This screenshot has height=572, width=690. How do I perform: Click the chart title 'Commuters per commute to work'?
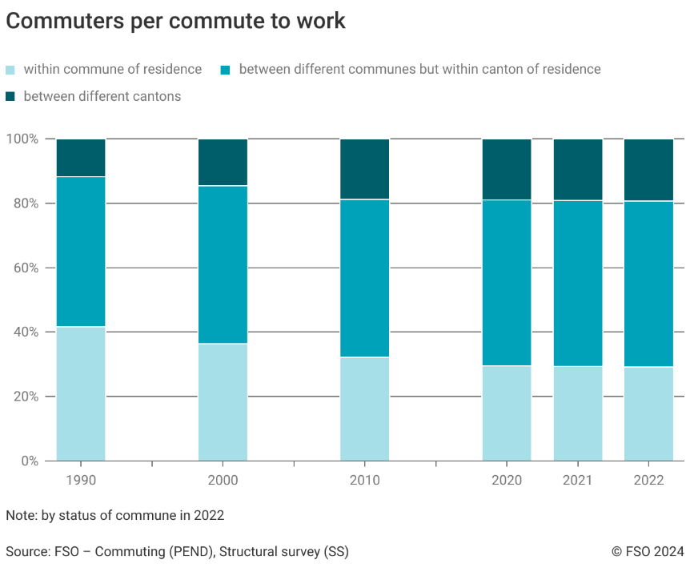[175, 22]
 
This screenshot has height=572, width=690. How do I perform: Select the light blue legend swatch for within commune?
[10, 70]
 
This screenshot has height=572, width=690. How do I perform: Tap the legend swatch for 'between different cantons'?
[10, 97]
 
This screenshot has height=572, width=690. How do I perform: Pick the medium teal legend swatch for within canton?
[226, 70]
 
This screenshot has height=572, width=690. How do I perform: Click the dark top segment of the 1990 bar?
[81, 158]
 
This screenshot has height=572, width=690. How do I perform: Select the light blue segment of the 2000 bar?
[223, 401]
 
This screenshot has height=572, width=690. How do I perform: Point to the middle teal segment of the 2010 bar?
[365, 278]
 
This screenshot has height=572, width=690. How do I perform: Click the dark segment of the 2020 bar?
[507, 169]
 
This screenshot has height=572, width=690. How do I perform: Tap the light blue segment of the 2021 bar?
[578, 413]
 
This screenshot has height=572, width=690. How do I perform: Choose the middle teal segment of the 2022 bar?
[648, 284]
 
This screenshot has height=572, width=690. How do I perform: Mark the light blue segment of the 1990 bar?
[81, 393]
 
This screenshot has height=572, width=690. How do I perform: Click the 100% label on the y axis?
[22, 139]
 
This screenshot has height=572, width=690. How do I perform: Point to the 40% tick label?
[25, 332]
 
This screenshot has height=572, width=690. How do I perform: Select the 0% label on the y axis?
[28, 461]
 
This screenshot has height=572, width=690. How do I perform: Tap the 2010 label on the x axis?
[365, 481]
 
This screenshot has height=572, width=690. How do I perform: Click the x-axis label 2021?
[578, 481]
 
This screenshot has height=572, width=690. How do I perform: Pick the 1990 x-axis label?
[81, 481]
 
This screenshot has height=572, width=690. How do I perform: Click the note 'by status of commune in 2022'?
[114, 515]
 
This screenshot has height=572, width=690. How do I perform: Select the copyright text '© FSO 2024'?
[648, 551]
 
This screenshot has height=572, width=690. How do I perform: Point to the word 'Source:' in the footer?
[27, 551]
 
